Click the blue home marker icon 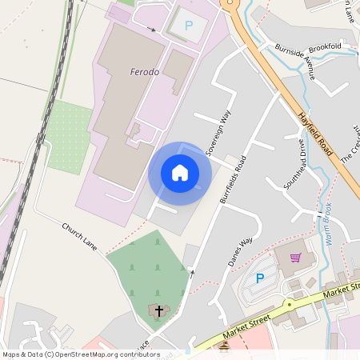point(180,173)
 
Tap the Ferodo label point(145,72)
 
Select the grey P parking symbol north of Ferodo point(189,26)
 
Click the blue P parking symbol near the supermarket point(259,278)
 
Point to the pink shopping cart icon point(296,258)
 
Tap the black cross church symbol point(158,310)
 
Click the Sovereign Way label point(218,132)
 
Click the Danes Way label point(240,251)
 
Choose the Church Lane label point(79,237)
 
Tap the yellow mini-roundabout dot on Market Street point(288,304)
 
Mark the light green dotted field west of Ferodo point(70,136)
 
